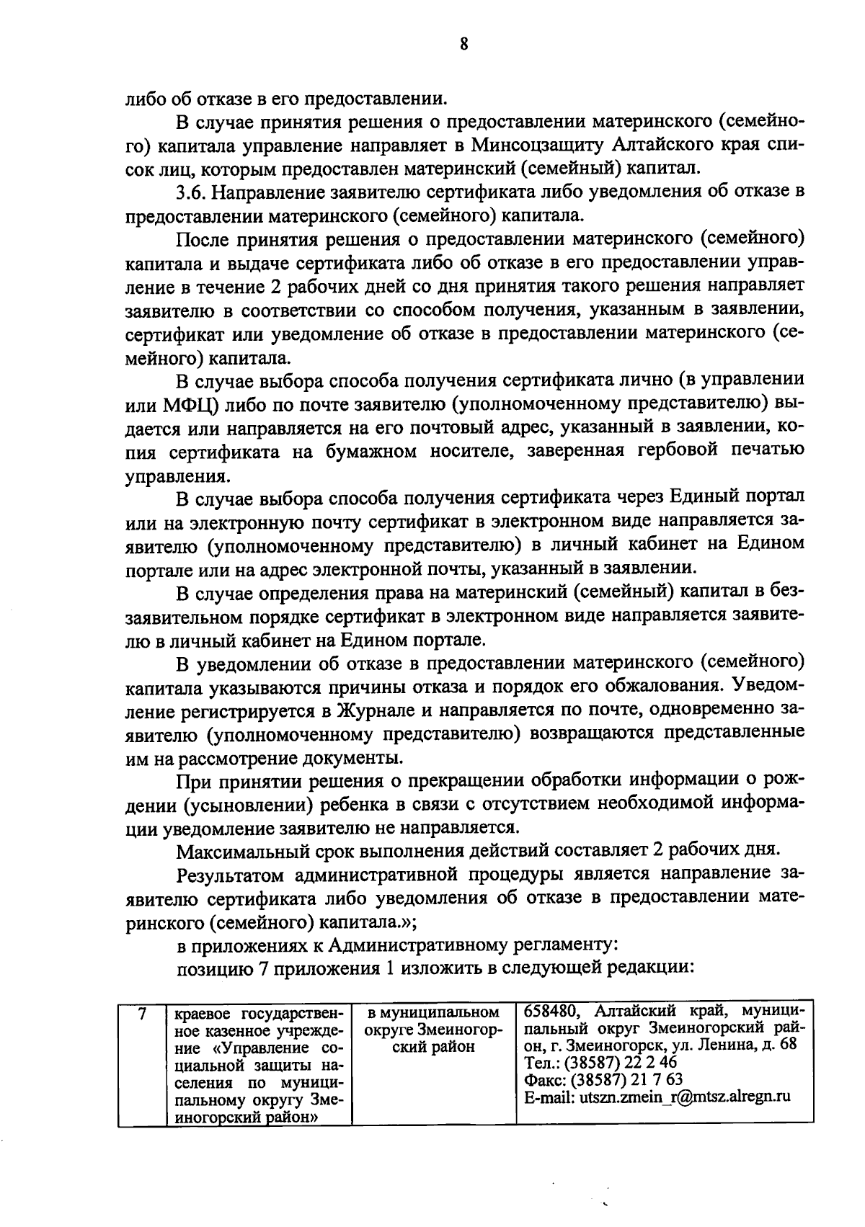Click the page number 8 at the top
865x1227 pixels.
463,45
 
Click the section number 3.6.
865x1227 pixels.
192,192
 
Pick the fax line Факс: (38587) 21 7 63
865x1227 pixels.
602,1079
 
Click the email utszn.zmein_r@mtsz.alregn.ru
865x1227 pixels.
656,1097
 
